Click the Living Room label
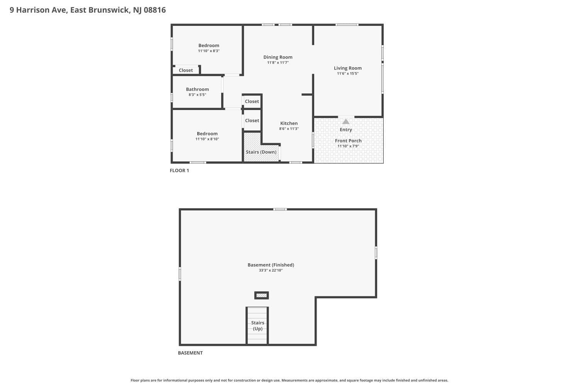tap(348, 68)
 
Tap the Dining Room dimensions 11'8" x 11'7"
tap(278, 63)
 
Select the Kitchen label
tap(289, 124)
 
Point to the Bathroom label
tap(197, 90)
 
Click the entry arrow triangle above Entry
tap(346, 122)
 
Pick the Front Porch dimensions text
tap(348, 146)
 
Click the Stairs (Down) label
tap(261, 152)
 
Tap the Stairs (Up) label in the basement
tap(257, 326)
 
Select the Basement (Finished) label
tap(271, 265)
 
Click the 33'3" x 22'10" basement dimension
tap(271, 271)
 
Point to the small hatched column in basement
tap(261, 295)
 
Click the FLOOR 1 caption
tap(179, 171)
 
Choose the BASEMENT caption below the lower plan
tap(190, 353)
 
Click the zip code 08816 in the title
tap(155, 10)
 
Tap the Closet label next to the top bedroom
tap(186, 70)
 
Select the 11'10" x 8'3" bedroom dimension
tap(209, 51)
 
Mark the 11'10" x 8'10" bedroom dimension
tap(207, 139)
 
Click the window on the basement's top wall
tap(280, 209)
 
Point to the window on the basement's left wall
tap(180, 274)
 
